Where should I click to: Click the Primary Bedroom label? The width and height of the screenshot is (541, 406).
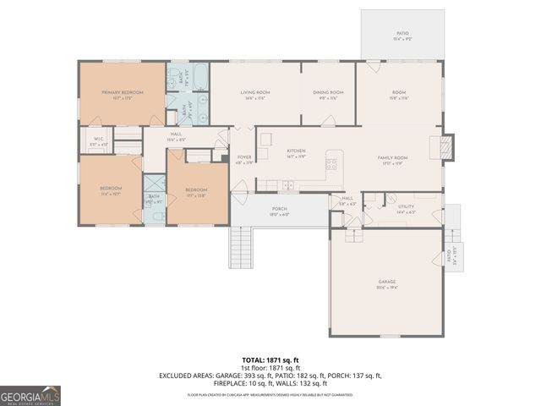[x=122, y=91]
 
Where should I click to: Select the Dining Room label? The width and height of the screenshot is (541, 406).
[x=328, y=92]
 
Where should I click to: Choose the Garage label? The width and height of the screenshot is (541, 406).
[x=386, y=282]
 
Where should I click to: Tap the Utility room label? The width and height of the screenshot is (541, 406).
[x=406, y=206]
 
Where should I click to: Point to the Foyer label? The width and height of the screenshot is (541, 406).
[x=243, y=156]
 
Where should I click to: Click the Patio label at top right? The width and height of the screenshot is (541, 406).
[x=402, y=34]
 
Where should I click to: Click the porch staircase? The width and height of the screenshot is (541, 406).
[x=241, y=247]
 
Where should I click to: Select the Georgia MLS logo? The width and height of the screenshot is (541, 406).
[x=30, y=395]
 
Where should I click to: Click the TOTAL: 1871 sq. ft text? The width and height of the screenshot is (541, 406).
[x=270, y=360]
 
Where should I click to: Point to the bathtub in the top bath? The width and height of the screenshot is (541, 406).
[x=199, y=79]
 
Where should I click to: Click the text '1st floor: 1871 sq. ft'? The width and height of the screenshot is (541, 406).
[x=270, y=368]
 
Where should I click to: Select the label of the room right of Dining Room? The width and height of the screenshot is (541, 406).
[x=399, y=92]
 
